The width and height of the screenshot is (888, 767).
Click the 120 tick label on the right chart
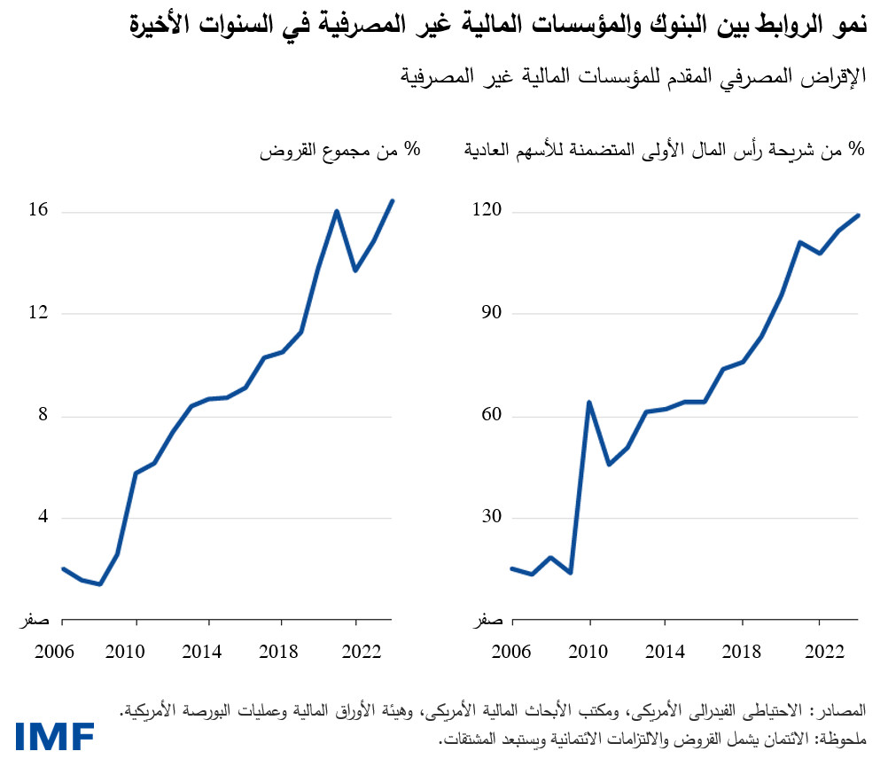[489, 211]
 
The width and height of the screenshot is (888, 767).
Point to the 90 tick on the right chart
[493, 313]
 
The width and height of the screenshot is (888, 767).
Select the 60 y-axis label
[493, 416]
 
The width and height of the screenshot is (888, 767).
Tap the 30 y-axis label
[493, 518]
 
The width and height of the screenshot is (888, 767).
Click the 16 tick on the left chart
[39, 211]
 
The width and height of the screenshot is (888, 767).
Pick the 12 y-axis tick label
[39, 313]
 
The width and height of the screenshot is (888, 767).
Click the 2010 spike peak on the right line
[589, 402]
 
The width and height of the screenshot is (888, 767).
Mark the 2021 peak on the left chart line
[337, 211]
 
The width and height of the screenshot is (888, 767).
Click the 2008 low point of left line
[100, 584]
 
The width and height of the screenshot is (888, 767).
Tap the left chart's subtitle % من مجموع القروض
[339, 150]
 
